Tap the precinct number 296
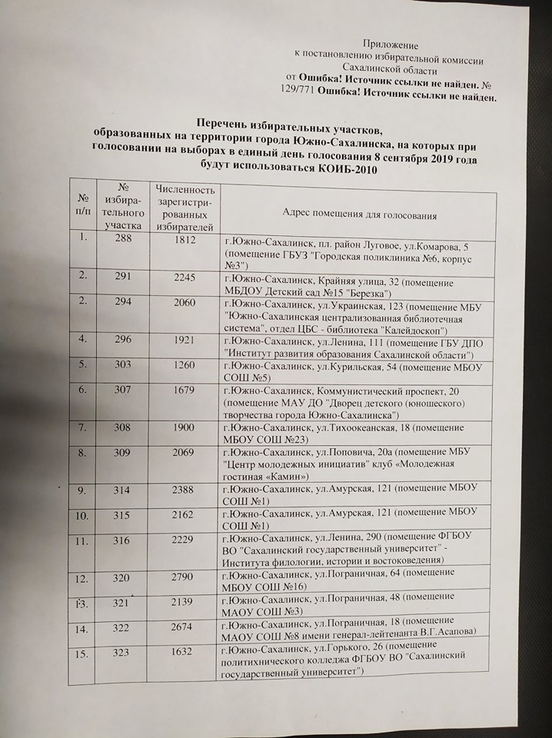124,339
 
